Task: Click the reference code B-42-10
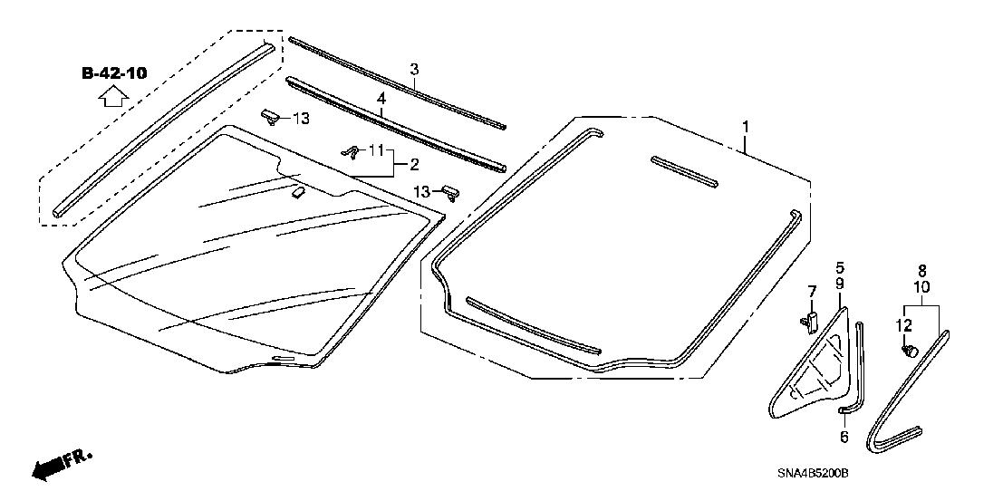(x=114, y=73)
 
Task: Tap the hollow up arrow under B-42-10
(x=114, y=97)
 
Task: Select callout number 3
(x=414, y=69)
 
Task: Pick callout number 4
(x=381, y=99)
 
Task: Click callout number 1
(x=745, y=128)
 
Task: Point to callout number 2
(x=413, y=165)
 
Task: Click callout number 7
(x=812, y=291)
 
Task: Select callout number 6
(x=844, y=437)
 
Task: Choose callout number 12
(x=903, y=325)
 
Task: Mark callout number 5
(x=839, y=267)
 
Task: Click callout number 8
(x=921, y=271)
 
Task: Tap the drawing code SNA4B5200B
(x=813, y=474)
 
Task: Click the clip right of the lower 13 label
(x=449, y=192)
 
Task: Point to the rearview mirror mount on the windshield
(x=298, y=191)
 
